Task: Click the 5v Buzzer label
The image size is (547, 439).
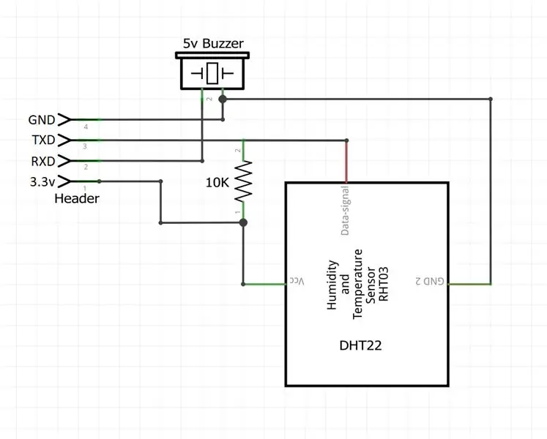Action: point(213,44)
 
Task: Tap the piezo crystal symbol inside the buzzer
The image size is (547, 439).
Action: point(212,74)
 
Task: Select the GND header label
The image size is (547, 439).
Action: point(42,120)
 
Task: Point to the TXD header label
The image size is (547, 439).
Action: point(44,140)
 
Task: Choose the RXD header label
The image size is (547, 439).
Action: point(43,162)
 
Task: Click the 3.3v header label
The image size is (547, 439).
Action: point(42,181)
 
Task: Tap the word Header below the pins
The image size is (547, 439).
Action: point(77,198)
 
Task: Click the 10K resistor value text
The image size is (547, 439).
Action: point(217,182)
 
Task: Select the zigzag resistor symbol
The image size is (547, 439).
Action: point(243,181)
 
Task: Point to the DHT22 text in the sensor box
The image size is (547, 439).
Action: point(360,345)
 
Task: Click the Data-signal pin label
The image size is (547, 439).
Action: point(345,210)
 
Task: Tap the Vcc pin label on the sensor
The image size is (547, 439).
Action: point(297,281)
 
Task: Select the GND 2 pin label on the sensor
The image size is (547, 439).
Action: point(430,281)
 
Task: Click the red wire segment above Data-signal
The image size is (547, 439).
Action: point(346,162)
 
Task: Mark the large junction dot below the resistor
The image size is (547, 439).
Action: point(244,222)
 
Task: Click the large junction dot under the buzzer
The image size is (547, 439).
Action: point(223,100)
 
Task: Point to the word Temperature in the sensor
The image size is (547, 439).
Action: point(357,284)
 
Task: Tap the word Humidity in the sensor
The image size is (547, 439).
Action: point(332,285)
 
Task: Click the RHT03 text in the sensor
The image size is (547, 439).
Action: point(383,284)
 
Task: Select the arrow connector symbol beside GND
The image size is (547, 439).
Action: point(64,119)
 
